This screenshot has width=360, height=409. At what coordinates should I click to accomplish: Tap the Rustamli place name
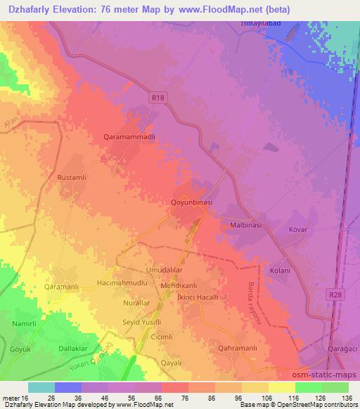pos(71,178)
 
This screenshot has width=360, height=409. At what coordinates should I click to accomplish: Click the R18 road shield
pos(160,100)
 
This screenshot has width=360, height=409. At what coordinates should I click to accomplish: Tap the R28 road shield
pos(335,297)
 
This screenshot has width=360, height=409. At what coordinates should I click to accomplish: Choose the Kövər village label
pos(300,229)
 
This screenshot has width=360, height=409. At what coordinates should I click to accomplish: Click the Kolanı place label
pos(280,270)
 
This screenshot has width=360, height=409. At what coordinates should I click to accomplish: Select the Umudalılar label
pos(144,270)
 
